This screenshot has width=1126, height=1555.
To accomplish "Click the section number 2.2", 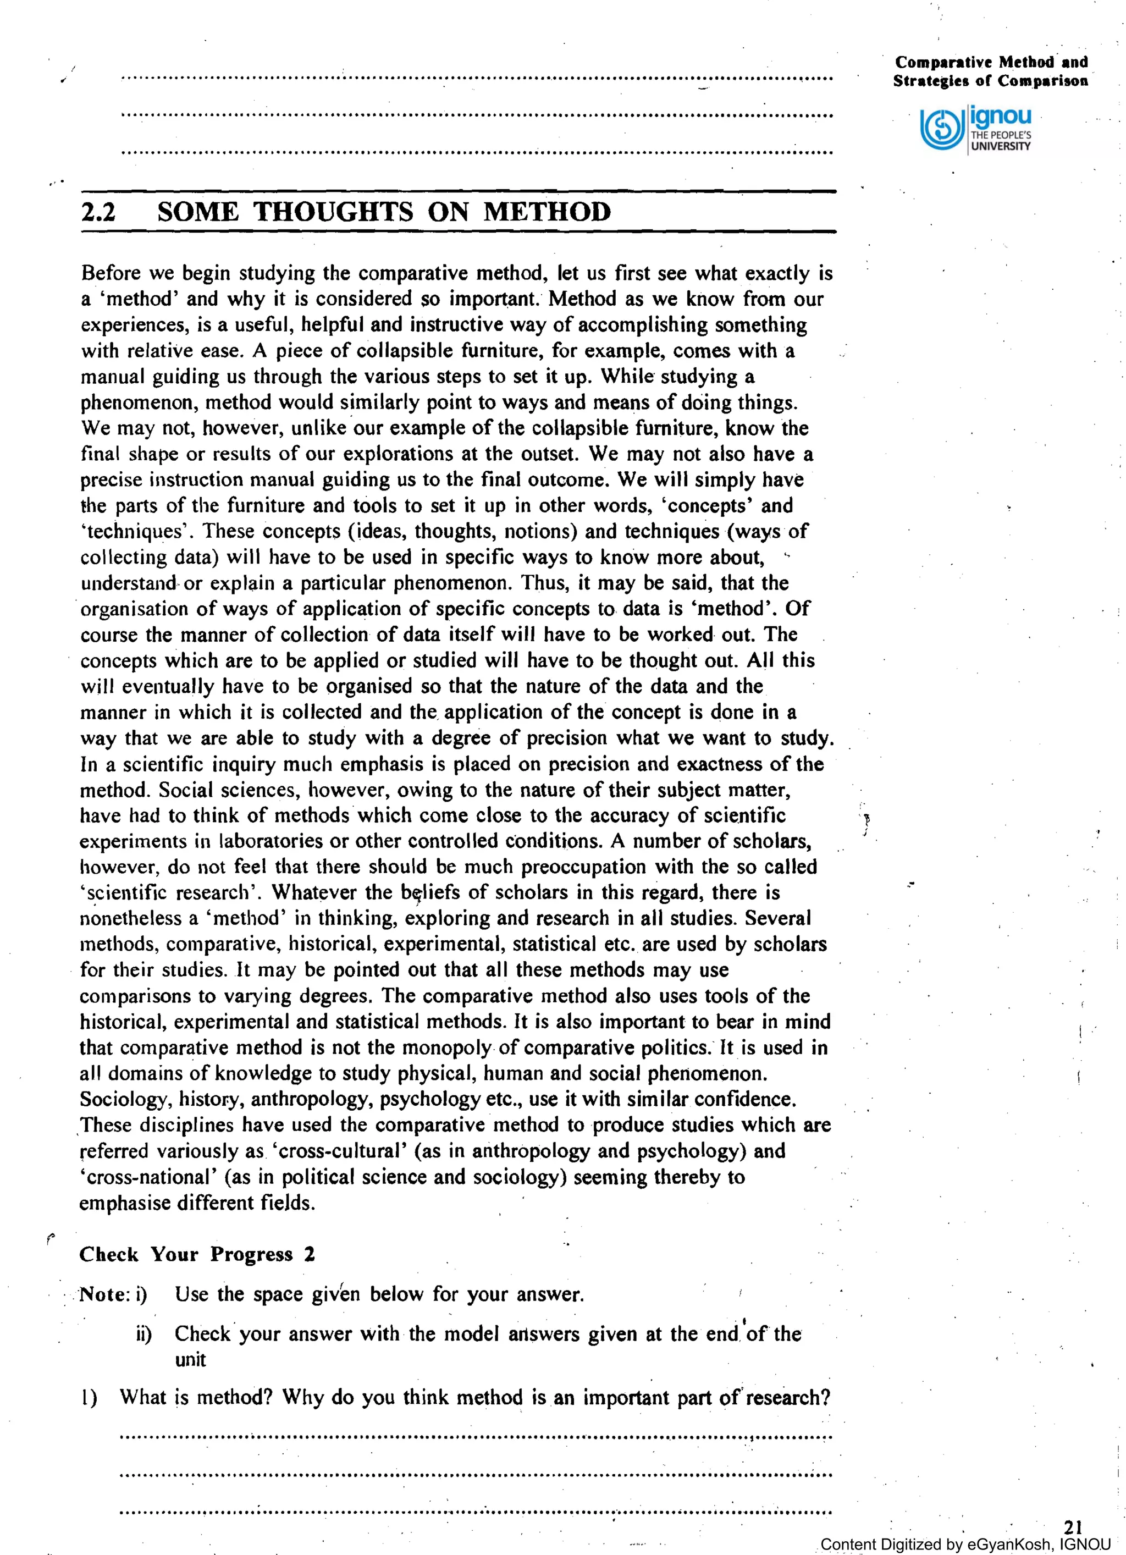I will pyautogui.click(x=98, y=212).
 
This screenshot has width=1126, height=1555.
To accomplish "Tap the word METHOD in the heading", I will pyautogui.click(x=547, y=211).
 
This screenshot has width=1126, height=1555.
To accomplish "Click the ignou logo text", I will pyautogui.click(x=1001, y=116).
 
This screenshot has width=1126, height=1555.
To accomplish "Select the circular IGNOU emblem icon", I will pyautogui.click(x=941, y=128).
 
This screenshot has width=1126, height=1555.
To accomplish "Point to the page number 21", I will pyautogui.click(x=1073, y=1526).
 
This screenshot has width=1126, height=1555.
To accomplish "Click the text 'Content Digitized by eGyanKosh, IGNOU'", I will pyautogui.click(x=965, y=1544).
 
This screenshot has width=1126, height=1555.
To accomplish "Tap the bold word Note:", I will pyautogui.click(x=105, y=1294).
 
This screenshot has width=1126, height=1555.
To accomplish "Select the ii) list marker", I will pyautogui.click(x=143, y=1334).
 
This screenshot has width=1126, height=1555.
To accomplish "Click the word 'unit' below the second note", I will pyautogui.click(x=190, y=1360).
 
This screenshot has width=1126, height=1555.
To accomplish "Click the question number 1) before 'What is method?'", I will pyautogui.click(x=89, y=1397).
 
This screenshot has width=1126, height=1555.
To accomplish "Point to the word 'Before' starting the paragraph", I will pyautogui.click(x=111, y=274).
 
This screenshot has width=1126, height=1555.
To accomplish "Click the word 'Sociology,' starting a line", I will pyautogui.click(x=124, y=1100).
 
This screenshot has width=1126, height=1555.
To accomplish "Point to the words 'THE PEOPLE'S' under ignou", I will pyautogui.click(x=1001, y=135).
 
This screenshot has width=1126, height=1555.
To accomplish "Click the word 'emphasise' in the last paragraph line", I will pyautogui.click(x=122, y=1203).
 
